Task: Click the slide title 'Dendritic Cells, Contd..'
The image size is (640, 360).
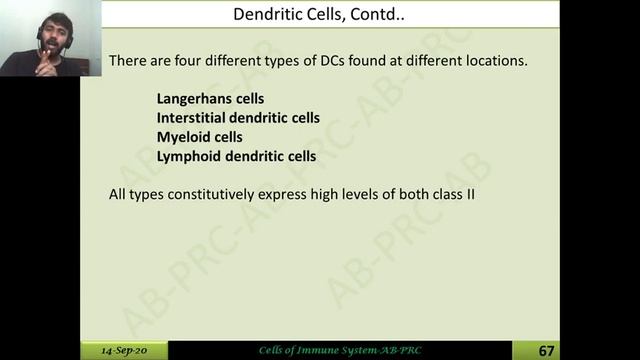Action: [x=319, y=14]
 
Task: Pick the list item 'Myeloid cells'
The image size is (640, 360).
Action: [x=199, y=137]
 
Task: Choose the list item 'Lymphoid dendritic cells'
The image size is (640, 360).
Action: [x=236, y=156]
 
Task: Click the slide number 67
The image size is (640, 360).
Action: [x=546, y=350]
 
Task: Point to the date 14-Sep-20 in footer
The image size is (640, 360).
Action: [x=124, y=351]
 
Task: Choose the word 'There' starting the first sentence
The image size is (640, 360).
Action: [x=127, y=61]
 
